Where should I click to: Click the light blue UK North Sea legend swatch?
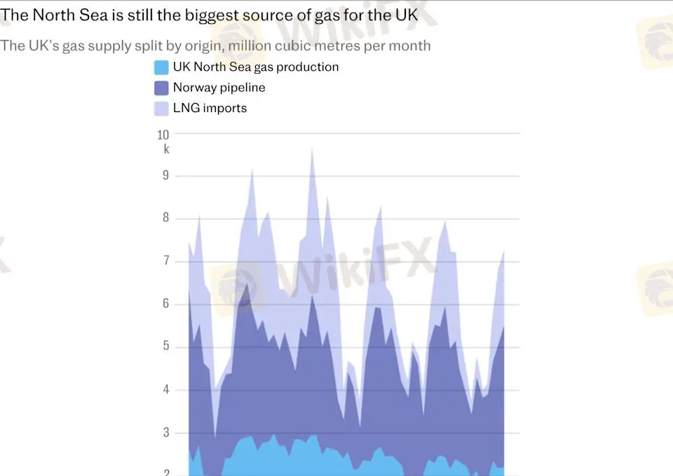(x=161, y=67)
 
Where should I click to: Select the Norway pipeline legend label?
(x=219, y=88)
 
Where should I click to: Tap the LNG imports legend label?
(x=210, y=108)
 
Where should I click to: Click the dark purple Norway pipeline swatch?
(x=161, y=88)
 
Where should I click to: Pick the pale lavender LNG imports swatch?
(x=161, y=108)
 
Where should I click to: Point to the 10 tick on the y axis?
(x=163, y=135)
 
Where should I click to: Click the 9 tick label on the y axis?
(x=166, y=175)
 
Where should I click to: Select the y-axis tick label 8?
(x=166, y=218)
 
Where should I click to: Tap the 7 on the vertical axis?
(x=166, y=261)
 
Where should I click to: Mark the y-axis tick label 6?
(x=166, y=304)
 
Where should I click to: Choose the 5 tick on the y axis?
(x=166, y=346)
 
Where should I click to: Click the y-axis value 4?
(x=166, y=390)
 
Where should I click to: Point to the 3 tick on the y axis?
(x=166, y=433)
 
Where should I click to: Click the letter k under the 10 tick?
(x=166, y=149)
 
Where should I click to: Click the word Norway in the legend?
(x=193, y=88)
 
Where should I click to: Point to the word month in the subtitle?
(x=410, y=46)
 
